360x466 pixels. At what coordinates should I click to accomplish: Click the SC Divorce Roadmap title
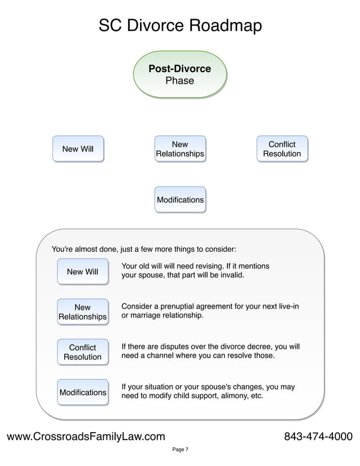pos(180,26)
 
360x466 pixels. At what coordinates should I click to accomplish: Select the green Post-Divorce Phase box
pos(179,75)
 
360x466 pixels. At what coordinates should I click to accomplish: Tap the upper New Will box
pos(78,149)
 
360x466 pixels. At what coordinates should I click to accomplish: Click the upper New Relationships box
pos(179,149)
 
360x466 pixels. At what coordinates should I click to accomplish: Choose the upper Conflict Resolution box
pos(282,149)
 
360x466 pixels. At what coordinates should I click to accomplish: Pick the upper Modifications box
pos(180,200)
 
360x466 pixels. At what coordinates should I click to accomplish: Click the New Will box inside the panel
pos(82,272)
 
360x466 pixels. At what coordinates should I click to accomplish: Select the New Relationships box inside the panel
pos(82,312)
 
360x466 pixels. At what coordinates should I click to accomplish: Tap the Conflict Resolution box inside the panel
pos(82,352)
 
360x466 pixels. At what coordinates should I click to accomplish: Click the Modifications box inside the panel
pos(82,392)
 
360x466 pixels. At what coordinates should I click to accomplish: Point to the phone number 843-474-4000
pos(318,437)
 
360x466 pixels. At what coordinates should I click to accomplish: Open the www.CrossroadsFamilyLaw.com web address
pos(86,437)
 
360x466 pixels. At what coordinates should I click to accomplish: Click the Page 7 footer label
pos(180,450)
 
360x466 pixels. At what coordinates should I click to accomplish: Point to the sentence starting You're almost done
pos(144,249)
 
